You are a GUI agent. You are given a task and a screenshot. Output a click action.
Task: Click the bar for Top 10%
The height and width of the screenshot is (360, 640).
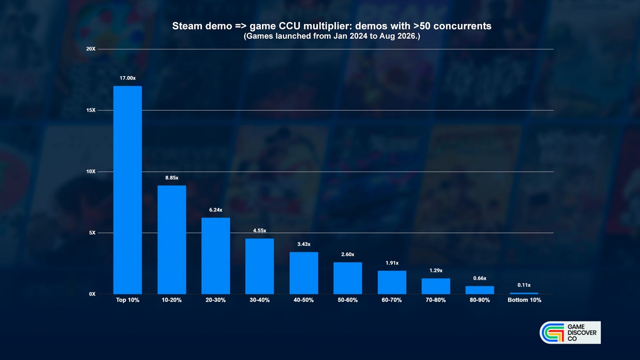(127, 190)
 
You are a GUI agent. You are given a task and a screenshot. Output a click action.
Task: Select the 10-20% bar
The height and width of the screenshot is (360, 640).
(172, 240)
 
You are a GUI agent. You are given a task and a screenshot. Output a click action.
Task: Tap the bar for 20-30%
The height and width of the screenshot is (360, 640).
(216, 256)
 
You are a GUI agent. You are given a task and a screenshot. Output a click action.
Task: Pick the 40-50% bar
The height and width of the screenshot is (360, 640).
(304, 273)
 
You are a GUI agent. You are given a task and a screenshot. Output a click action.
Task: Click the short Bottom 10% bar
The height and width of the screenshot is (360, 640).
(524, 294)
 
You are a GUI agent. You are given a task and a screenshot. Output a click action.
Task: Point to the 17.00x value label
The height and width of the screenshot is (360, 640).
(127, 78)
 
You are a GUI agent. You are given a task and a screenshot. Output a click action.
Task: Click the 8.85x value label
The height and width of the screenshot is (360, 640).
(172, 178)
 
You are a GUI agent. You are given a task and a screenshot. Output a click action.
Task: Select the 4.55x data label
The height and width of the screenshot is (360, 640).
(260, 231)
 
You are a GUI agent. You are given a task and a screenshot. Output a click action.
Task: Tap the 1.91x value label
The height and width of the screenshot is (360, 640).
(392, 263)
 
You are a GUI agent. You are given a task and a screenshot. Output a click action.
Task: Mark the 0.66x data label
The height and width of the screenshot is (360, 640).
(480, 278)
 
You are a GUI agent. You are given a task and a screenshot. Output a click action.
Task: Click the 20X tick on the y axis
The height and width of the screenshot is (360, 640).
(91, 49)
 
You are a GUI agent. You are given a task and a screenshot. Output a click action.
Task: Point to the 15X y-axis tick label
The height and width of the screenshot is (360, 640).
(91, 110)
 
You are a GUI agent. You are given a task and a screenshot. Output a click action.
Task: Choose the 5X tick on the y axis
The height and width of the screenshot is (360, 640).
(92, 233)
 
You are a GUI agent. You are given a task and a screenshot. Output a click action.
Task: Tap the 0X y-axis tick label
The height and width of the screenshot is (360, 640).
(92, 294)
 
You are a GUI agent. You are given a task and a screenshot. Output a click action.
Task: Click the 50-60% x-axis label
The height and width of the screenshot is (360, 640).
(348, 300)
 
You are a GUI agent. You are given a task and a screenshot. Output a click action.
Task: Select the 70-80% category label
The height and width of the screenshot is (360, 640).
(436, 300)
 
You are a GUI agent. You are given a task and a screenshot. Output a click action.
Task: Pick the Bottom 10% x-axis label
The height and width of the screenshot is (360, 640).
(524, 300)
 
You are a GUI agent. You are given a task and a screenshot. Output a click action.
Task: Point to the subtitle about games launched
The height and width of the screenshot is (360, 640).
(332, 36)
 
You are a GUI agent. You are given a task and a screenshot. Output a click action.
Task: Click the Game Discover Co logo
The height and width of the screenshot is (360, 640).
(570, 333)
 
